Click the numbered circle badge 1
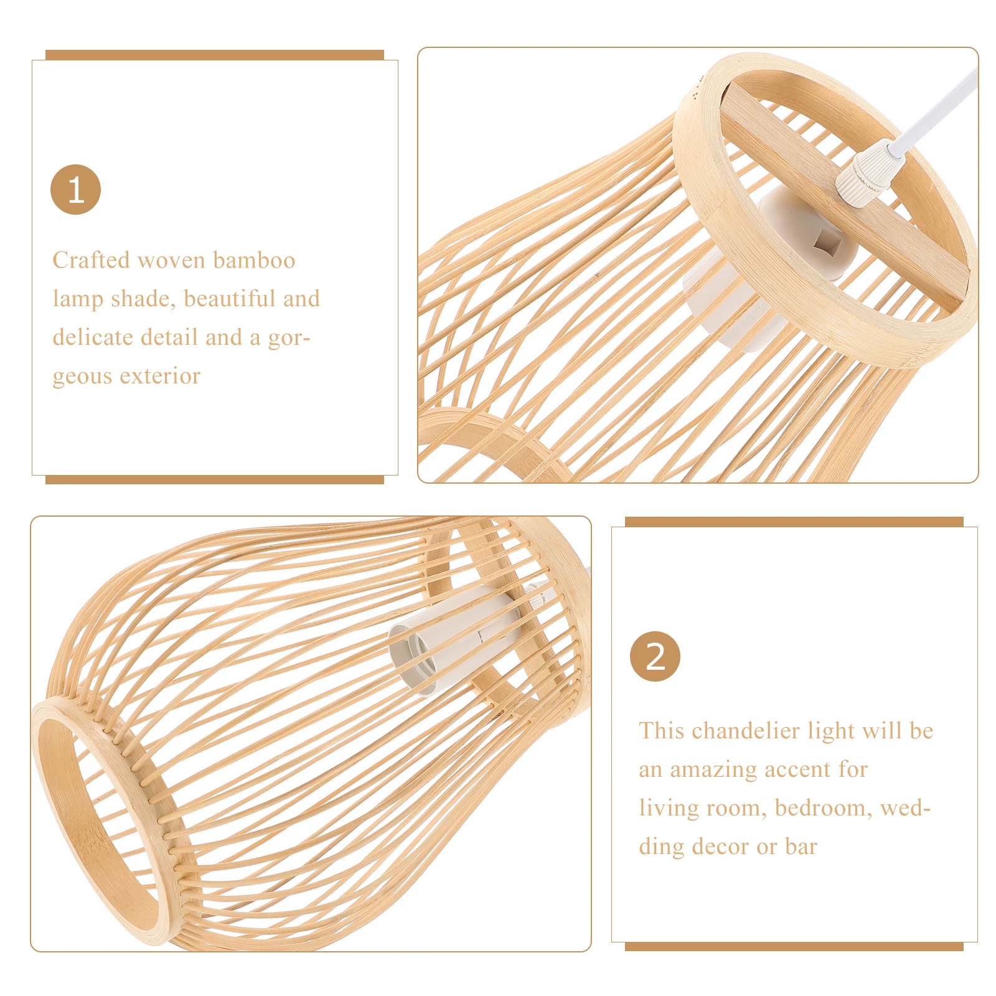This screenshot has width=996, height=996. [x=75, y=190]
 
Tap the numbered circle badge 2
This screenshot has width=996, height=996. [x=655, y=656]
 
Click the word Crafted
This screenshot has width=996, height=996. [x=91, y=260]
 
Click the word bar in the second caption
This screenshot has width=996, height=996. [x=801, y=847]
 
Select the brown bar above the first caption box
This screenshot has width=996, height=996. [x=214, y=55]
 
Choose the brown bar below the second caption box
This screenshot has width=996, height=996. [x=794, y=947]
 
